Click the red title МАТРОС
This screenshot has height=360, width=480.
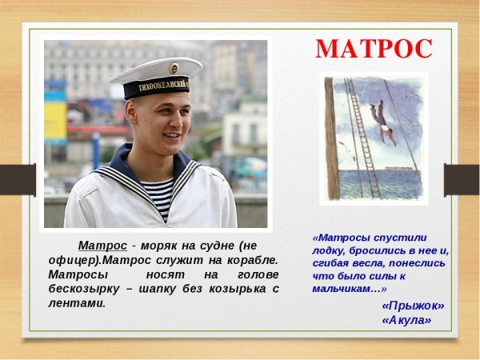pos(374,49)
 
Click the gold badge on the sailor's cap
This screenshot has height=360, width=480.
pos(174,68)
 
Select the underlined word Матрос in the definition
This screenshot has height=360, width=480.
pos(102,245)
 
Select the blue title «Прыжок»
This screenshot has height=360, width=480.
pos(413,305)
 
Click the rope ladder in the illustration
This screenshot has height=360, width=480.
pos(361,136)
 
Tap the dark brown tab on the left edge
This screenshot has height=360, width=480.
pos(16,179)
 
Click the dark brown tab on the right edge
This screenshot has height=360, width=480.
pos(462,179)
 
